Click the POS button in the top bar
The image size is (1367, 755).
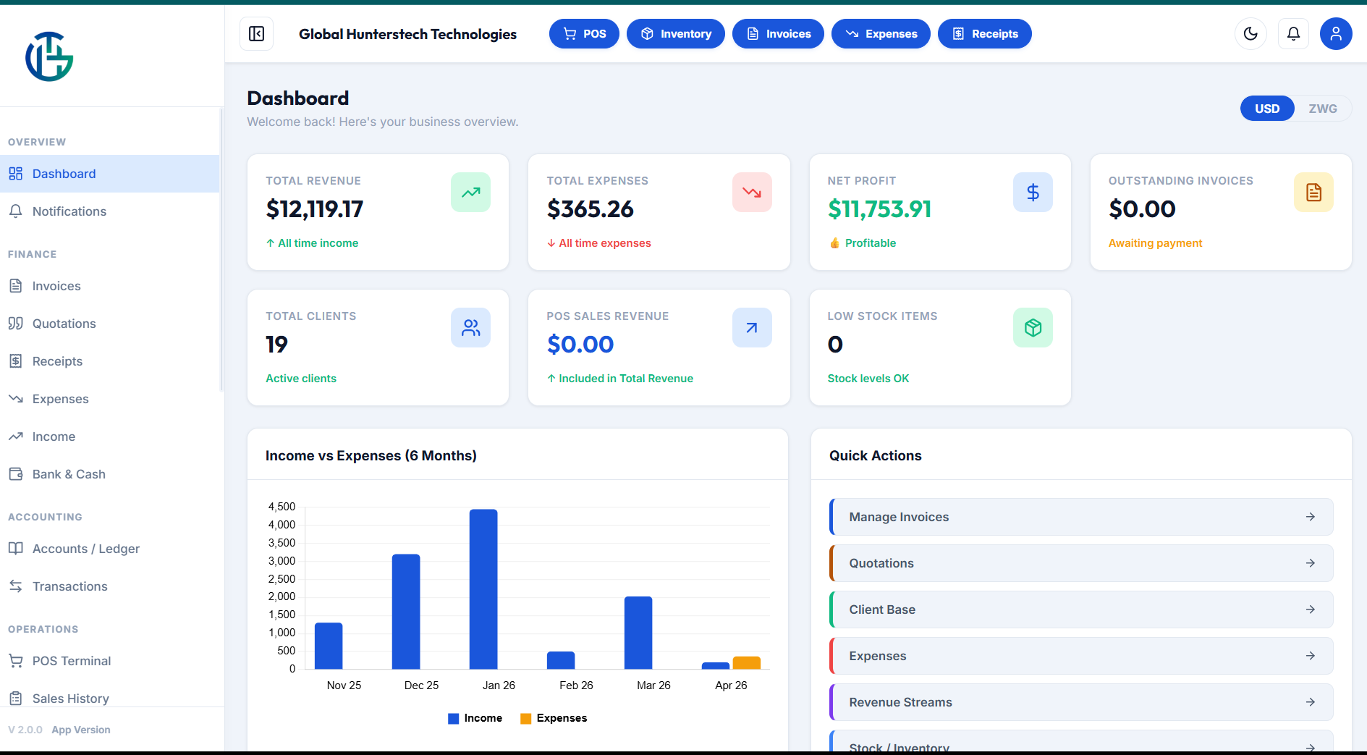point(584,34)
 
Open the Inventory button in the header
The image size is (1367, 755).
point(675,34)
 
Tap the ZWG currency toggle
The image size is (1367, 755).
point(1322,109)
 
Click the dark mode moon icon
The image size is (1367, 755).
point(1250,33)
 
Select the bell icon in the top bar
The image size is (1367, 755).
point(1293,33)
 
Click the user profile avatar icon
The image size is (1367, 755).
point(1336,33)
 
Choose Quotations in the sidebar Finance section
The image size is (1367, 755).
point(64,324)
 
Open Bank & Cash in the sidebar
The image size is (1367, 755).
point(69,474)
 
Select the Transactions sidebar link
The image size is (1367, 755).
point(69,586)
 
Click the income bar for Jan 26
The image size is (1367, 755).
point(483,589)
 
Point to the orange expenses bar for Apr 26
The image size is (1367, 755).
point(746,662)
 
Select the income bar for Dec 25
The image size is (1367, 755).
point(406,612)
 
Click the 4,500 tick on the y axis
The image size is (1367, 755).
point(282,507)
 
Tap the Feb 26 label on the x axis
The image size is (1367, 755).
point(576,686)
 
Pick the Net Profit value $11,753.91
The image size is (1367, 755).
point(879,209)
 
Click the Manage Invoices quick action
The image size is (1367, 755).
point(1081,517)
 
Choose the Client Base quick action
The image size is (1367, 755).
point(1081,610)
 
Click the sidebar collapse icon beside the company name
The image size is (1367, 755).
point(257,34)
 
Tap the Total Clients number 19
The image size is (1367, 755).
point(276,345)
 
